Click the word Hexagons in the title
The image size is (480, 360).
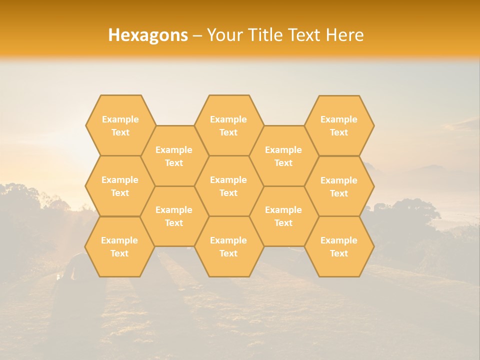[148, 35]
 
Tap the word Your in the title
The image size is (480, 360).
[223, 35]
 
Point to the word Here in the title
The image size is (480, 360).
[345, 35]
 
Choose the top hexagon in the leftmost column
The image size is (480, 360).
[120, 125]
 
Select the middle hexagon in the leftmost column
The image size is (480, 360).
[120, 186]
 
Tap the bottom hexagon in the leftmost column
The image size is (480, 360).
[119, 246]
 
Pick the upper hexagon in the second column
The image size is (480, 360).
[174, 156]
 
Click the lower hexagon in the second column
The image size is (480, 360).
[174, 216]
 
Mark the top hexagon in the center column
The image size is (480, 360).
[228, 125]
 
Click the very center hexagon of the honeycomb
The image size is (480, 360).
[228, 186]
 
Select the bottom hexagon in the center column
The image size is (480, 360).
[228, 246]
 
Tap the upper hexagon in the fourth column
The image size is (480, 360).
[283, 156]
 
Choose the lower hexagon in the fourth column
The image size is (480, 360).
[283, 216]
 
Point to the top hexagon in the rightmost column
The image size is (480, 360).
[339, 125]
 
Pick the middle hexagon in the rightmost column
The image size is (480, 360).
[339, 186]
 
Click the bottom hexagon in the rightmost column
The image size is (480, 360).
[339, 246]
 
